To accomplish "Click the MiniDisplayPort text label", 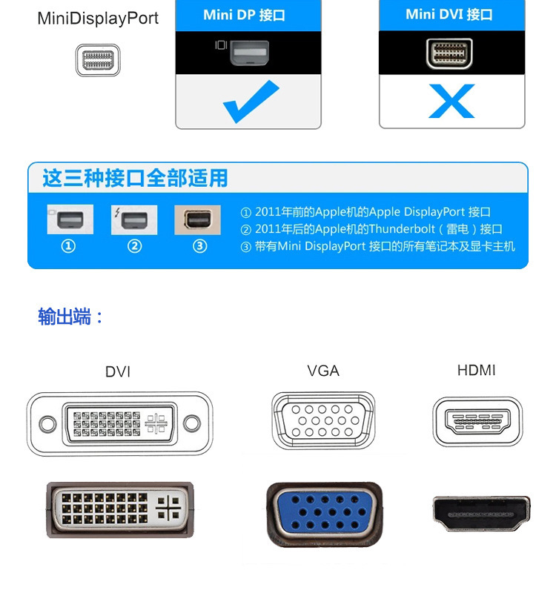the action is [98, 19].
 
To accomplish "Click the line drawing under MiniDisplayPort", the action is [98, 60].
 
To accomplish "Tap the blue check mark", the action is [251, 102].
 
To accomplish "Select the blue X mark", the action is [451, 101].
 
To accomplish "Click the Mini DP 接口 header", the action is [244, 15].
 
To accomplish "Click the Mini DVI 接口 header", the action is [449, 14].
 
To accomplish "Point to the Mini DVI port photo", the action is [449, 53].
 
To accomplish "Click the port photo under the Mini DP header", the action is [249, 53].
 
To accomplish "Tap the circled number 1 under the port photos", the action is [68, 246].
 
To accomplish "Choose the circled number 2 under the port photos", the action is [134, 246].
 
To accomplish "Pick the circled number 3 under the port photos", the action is [200, 246].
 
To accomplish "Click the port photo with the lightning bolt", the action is [134, 219].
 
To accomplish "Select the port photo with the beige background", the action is [197, 219].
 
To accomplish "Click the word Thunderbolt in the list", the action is [402, 229].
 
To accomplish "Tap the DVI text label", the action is [118, 371].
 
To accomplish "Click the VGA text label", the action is [323, 371].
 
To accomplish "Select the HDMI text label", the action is [476, 370].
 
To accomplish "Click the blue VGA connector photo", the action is [325, 514].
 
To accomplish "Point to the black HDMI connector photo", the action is [481, 514].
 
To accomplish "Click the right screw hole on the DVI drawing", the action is [191, 423].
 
